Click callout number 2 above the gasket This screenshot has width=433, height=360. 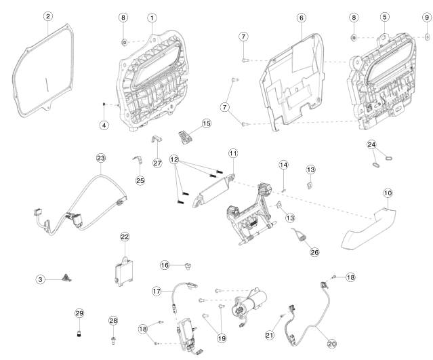(x=48, y=16)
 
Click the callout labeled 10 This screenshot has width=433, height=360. (x=388, y=194)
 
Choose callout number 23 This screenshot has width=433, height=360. (x=101, y=158)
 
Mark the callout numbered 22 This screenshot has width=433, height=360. (x=125, y=236)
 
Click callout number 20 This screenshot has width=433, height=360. (x=331, y=344)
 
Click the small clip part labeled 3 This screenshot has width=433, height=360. (x=66, y=277)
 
